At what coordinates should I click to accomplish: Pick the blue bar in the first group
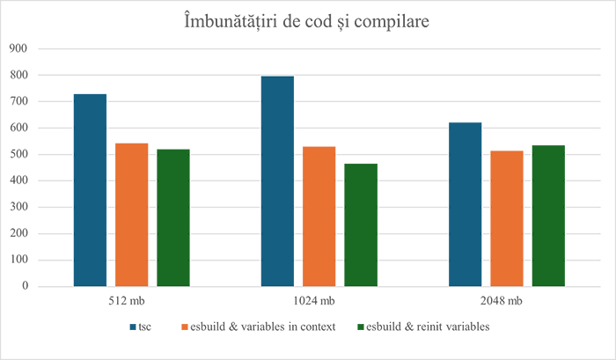tap(92, 185)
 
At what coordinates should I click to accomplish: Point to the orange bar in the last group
tap(506, 212)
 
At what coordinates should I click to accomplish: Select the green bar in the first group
tap(175, 212)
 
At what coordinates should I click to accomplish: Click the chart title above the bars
tap(307, 21)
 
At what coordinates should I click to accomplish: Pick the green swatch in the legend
tap(356, 327)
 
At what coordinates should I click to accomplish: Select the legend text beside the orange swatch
tap(260, 327)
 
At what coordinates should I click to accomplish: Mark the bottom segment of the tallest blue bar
tap(277, 269)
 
